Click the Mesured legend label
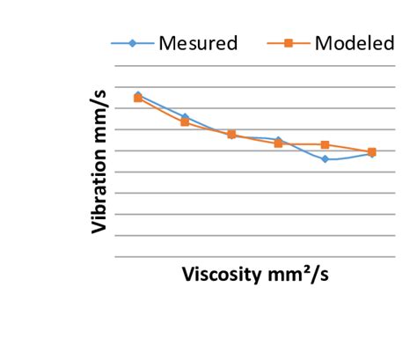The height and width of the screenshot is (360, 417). point(197,43)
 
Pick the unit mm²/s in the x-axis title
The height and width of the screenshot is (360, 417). point(300,273)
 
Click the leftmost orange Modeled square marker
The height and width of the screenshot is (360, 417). point(138,98)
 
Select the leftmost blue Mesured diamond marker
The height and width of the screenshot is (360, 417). point(138,95)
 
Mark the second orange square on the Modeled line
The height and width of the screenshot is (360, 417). point(185,122)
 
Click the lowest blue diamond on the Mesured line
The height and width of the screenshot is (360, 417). point(325,158)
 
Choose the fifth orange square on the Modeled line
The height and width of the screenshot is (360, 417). point(325,144)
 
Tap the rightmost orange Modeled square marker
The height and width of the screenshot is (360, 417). point(372,152)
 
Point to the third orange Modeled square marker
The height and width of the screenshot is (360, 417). point(231,135)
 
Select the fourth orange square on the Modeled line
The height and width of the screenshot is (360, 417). point(278,143)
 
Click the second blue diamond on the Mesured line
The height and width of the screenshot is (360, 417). point(185,117)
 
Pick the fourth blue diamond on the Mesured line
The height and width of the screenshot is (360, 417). point(278,140)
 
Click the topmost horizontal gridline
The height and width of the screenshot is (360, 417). point(255,87)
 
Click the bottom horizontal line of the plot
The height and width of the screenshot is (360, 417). point(255,256)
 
